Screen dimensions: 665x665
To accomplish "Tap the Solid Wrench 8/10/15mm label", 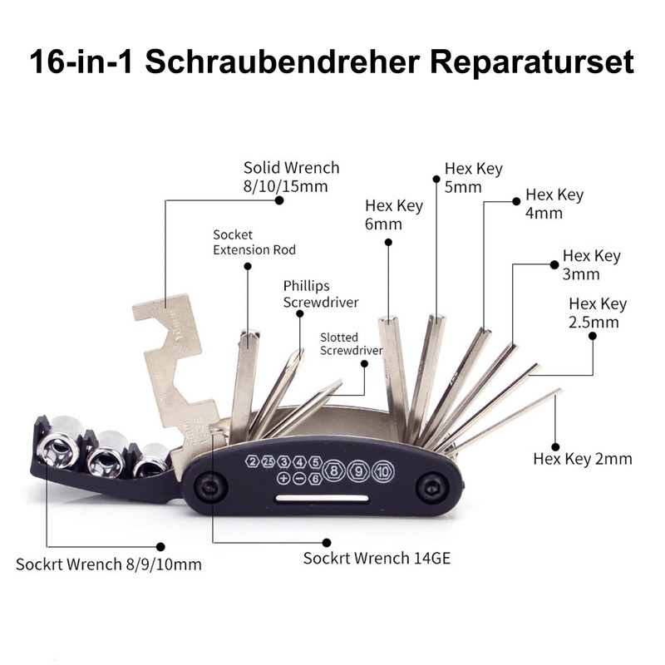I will click(x=291, y=177).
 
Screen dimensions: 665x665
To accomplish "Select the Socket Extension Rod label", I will click(x=254, y=242).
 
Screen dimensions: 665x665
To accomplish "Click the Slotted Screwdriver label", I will click(x=351, y=344).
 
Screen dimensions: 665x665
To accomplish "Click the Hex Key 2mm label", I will click(x=583, y=459).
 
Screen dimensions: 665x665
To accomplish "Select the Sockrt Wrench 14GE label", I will click(x=377, y=559).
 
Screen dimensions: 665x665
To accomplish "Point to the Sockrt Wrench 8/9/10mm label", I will click(x=109, y=564).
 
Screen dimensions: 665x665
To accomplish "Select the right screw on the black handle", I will click(x=432, y=489).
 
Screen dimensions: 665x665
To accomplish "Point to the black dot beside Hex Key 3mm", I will click(x=552, y=264).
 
